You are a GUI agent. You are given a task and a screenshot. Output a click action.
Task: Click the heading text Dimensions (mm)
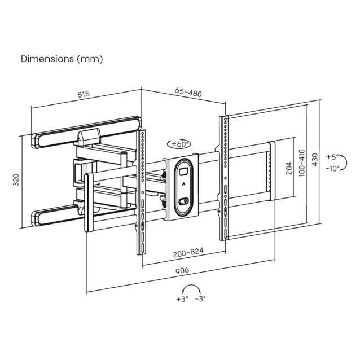pyautogui.click(x=62, y=58)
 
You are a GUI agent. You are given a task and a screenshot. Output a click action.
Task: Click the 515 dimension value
pyautogui.click(x=84, y=95)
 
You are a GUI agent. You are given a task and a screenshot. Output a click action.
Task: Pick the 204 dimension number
pyautogui.click(x=288, y=168)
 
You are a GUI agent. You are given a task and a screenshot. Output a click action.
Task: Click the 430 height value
pyautogui.click(x=315, y=160)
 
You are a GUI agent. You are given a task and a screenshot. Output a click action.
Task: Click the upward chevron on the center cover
pyautogui.click(x=183, y=184)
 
